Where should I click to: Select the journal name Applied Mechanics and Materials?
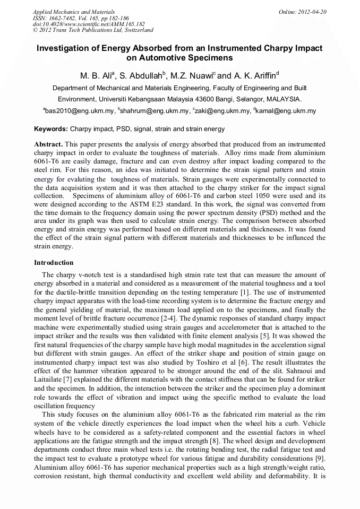(x=74, y=11)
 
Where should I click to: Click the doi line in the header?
(x=89, y=24)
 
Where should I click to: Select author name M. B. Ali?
(x=95, y=75)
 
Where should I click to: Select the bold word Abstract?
(x=48, y=144)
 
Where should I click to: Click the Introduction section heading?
(x=54, y=263)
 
